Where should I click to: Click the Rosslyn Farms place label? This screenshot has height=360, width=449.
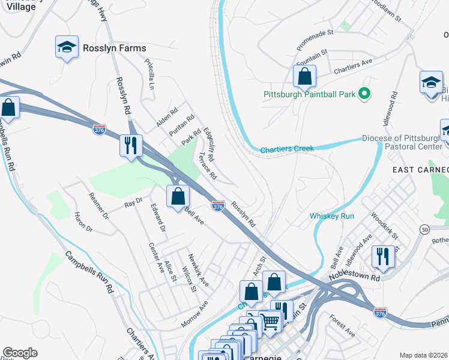114,48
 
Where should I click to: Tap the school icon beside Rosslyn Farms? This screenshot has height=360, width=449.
67,46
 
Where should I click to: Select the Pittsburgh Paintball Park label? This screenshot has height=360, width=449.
309,94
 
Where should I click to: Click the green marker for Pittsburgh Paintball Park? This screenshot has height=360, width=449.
363,94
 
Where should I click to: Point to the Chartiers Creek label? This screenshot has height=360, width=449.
287,149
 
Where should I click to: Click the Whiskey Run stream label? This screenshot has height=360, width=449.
332,216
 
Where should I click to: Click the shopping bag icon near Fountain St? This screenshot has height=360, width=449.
304,76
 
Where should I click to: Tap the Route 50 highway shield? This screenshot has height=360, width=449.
424,229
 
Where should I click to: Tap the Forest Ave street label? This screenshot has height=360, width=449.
342,327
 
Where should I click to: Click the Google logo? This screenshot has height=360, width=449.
20,353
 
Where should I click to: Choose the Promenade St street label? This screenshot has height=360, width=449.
315,41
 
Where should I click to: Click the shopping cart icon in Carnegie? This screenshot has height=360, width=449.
270,322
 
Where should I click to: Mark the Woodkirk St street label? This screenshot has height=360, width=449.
384,225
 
